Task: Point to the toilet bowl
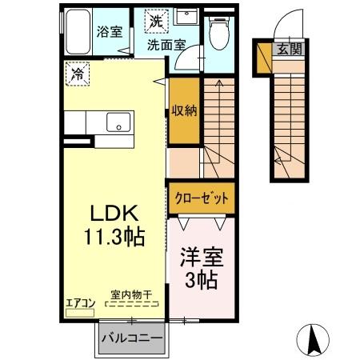tap(217, 34)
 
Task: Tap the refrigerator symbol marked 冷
tap(78, 74)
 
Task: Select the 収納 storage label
tap(182, 110)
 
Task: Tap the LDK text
tap(114, 214)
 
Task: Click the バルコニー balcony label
tap(132, 339)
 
